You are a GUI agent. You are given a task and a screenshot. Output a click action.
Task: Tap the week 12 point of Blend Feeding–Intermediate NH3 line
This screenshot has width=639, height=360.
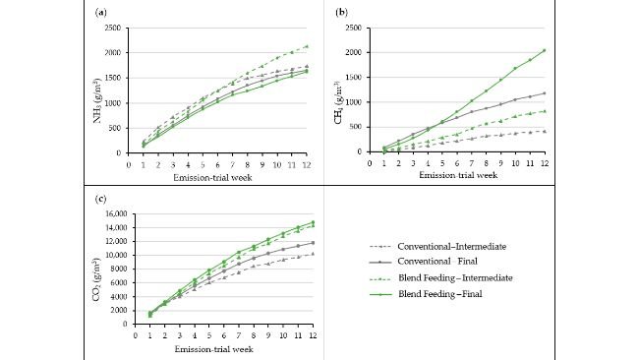pyautogui.click(x=307, y=45)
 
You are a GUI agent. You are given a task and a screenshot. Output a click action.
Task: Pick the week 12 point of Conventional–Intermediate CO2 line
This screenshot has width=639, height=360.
pyautogui.click(x=314, y=253)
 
